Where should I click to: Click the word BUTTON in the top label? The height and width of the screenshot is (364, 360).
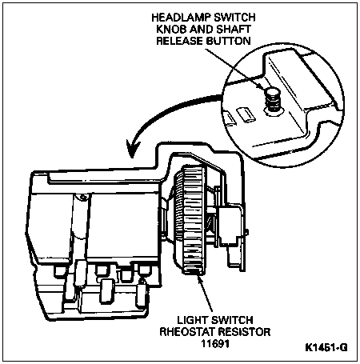click(229, 41)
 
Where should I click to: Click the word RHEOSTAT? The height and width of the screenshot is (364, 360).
click(187, 332)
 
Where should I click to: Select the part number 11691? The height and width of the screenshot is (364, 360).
click(215, 343)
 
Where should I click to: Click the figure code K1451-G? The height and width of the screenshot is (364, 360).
click(326, 347)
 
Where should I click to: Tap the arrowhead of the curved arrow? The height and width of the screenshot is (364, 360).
click(133, 149)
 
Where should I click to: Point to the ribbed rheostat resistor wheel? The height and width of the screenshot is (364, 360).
click(190, 219)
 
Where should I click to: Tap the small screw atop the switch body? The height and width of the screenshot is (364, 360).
click(82, 198)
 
